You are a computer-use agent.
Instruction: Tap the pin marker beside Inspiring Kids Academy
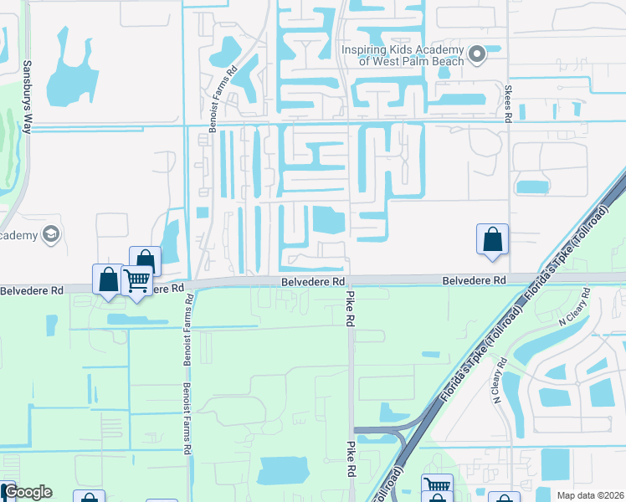(478, 55)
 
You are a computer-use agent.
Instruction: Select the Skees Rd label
(507, 101)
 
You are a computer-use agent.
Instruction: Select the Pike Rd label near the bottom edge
(348, 459)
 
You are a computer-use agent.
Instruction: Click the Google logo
(28, 492)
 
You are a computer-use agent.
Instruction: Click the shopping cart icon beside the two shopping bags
(136, 279)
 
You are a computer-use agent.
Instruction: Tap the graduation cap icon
(52, 234)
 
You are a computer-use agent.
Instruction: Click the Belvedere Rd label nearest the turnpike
(475, 280)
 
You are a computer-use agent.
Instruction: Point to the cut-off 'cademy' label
(19, 235)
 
